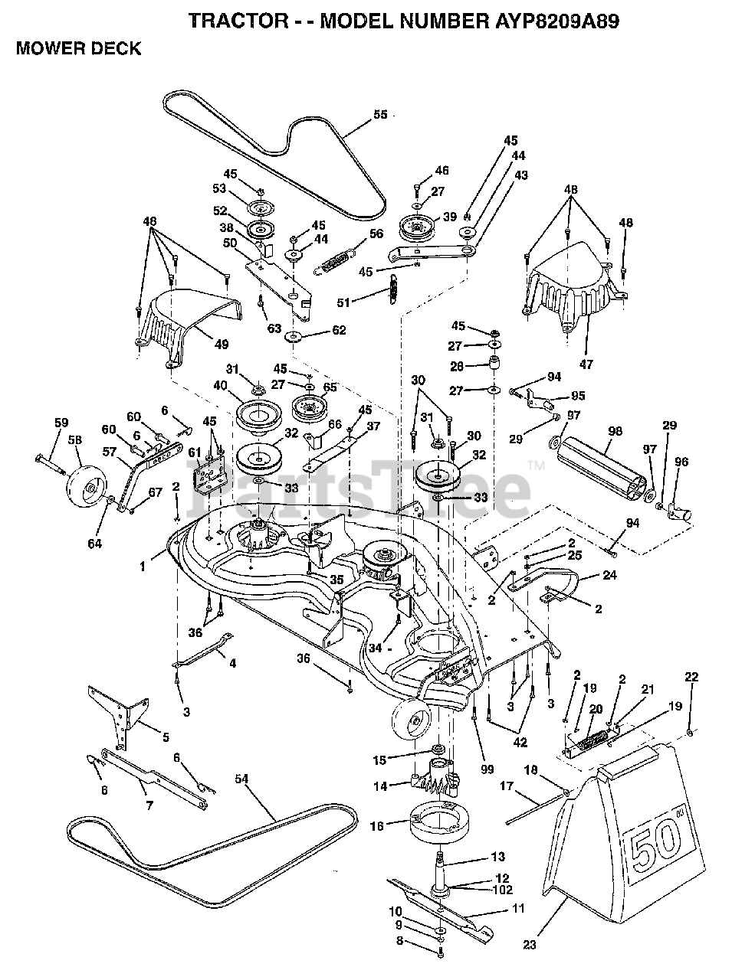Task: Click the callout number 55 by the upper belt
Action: (380, 116)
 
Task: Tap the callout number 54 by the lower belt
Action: (242, 779)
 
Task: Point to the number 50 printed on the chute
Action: (655, 845)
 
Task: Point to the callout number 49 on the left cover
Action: (221, 345)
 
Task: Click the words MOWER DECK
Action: (78, 49)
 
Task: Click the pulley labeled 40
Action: (257, 416)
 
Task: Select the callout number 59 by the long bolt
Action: (61, 421)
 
